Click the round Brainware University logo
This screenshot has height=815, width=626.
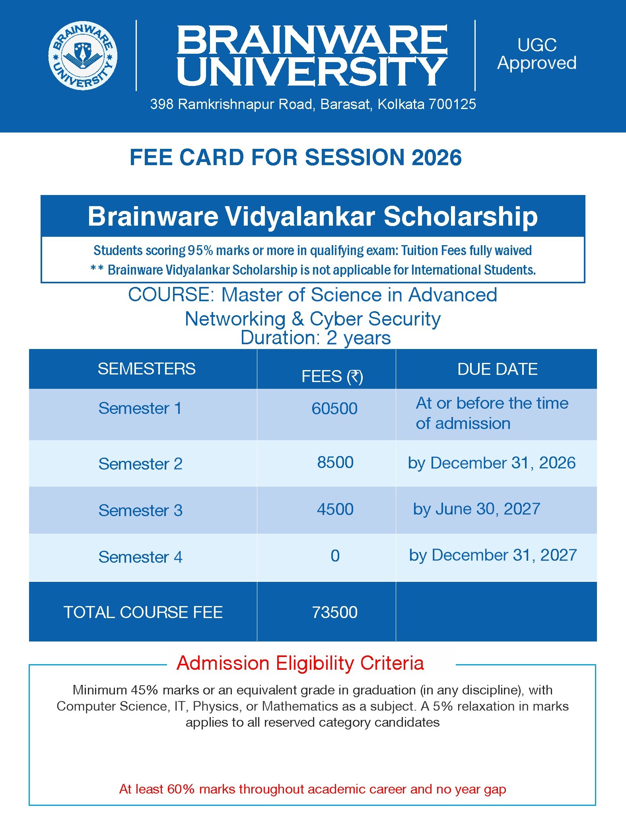83,56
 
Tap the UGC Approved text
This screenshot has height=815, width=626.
537,54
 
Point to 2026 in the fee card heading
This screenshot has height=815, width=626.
437,157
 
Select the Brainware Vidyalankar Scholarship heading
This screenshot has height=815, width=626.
313,216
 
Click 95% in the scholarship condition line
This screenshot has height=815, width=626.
200,250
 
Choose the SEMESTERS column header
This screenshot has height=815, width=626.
146,369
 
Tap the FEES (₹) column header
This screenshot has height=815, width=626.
332,376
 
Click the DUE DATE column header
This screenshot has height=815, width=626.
497,369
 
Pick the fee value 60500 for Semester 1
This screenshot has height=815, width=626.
334,409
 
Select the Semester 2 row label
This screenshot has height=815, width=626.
140,464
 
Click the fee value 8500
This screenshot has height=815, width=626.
335,462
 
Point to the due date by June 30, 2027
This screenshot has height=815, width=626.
476,509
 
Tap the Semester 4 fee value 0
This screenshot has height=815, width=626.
335,556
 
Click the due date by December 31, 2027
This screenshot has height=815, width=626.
493,556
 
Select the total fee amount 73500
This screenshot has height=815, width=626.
334,612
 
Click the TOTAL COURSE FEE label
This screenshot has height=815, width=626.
143,612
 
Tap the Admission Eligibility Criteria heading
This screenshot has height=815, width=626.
300,663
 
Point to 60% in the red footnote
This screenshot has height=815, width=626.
181,789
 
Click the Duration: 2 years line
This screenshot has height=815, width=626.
316,338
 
